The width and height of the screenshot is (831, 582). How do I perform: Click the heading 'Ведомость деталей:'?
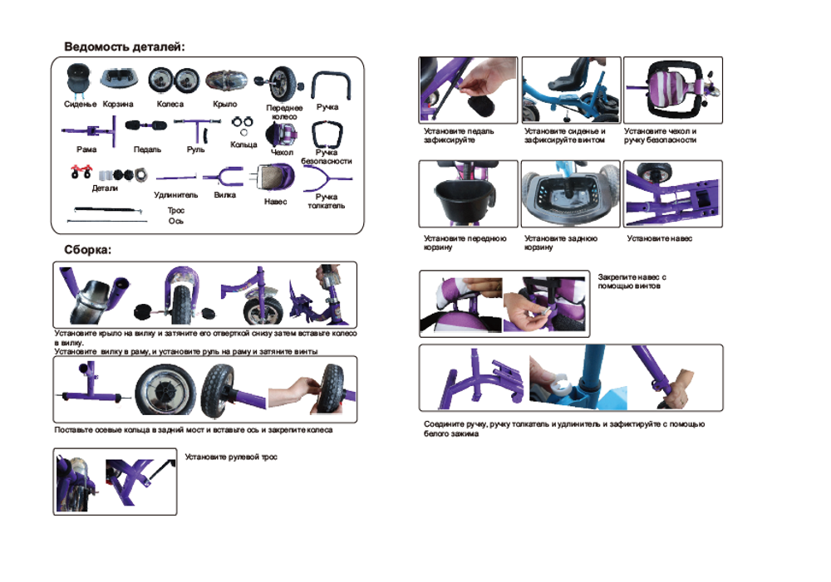125,47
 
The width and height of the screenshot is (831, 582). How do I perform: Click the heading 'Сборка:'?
88,250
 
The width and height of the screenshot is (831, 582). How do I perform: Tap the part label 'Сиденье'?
80,105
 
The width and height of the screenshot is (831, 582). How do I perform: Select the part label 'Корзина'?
118,105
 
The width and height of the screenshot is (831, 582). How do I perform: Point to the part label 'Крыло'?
225,105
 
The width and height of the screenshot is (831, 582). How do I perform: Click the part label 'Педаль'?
147,150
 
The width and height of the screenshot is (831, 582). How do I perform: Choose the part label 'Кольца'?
243,144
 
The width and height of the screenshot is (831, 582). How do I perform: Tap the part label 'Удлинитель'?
176,195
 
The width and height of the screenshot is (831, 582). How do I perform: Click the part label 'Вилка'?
225,195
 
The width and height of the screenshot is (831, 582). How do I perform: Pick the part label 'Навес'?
276,202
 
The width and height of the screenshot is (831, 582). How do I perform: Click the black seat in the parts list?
79,80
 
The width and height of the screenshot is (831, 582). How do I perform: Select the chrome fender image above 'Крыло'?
227,81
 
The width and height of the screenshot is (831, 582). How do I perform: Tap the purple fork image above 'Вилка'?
223,177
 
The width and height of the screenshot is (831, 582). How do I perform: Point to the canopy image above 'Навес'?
273,177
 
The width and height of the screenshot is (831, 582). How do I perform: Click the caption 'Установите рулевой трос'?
231,457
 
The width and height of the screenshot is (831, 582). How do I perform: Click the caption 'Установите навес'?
660,239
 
